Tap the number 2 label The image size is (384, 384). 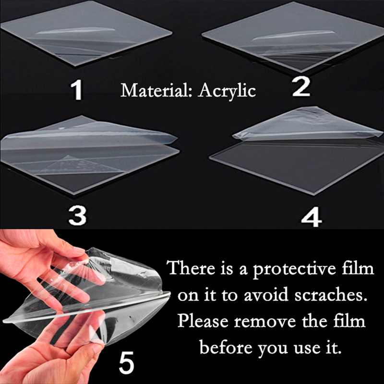pos(301,87)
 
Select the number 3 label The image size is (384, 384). pos(77,215)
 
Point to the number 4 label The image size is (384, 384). pos(311,217)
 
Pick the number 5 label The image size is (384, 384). pos(126,362)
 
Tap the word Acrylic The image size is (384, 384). pos(227,91)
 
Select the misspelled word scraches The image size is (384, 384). pos(331,295)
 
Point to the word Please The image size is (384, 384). pos(203,321)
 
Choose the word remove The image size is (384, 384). pos(265,322)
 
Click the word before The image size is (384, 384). pos(225,347)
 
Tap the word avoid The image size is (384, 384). pos(266,295)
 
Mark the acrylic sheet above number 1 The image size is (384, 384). pos(86,34)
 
